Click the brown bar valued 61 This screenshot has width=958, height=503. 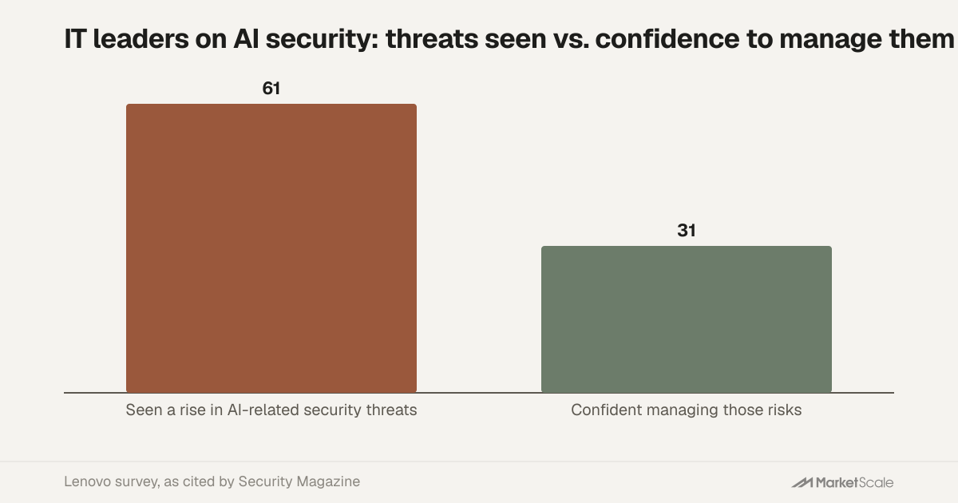[x=271, y=248]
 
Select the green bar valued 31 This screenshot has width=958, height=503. [x=687, y=319]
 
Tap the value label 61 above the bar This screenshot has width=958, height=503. [x=271, y=89]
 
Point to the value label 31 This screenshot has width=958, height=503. [x=687, y=231]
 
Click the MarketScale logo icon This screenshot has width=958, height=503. [x=802, y=482]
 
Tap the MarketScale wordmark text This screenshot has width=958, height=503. [x=854, y=482]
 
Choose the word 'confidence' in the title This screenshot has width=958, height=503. [x=667, y=39]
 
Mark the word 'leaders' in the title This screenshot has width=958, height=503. [x=141, y=39]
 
